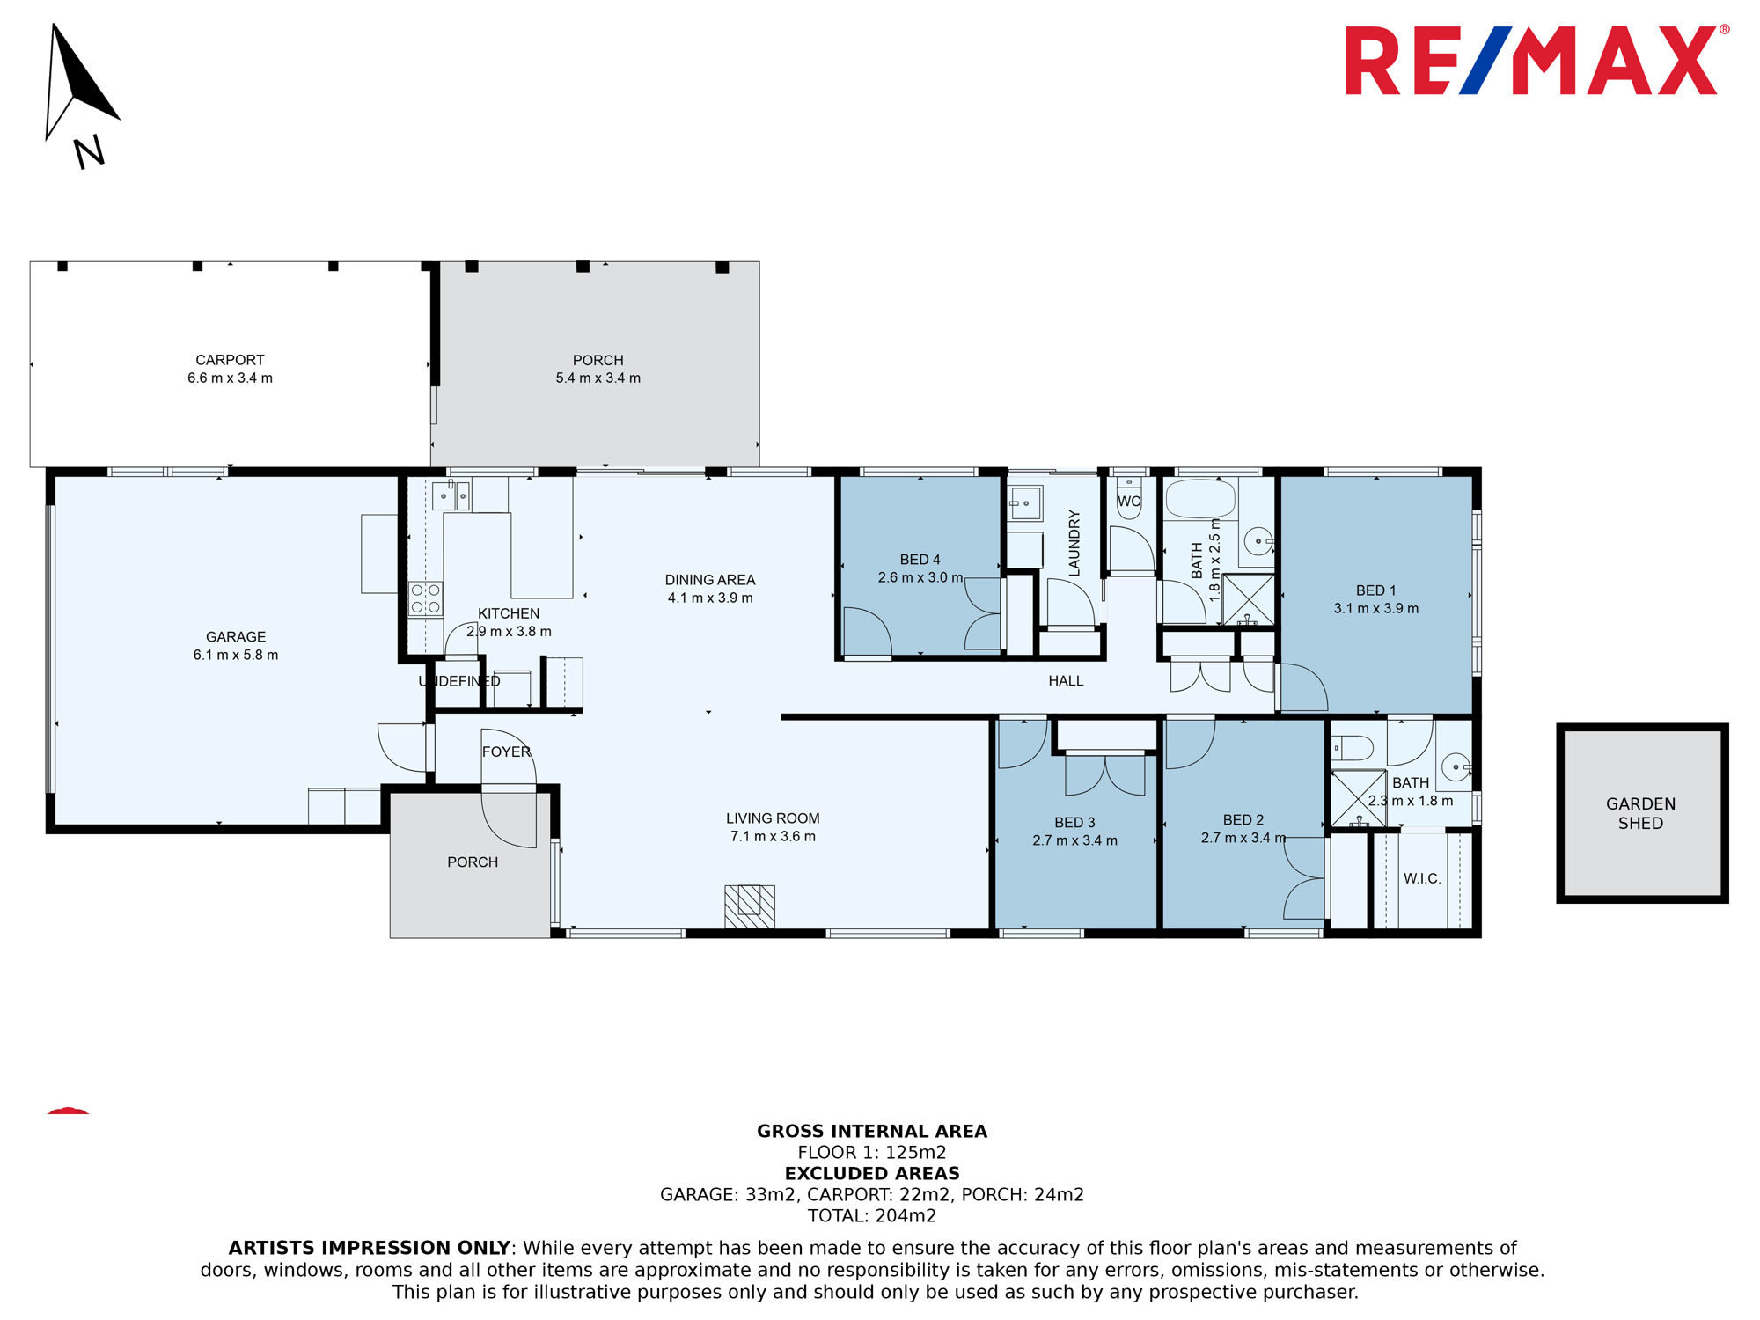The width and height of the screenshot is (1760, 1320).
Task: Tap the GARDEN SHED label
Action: [x=1640, y=813]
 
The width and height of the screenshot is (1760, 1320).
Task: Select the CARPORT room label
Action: [x=230, y=360]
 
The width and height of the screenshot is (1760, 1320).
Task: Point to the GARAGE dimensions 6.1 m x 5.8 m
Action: [x=236, y=655]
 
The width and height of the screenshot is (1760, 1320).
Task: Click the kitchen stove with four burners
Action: [x=426, y=599]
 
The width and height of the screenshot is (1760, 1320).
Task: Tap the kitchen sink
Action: [x=450, y=496]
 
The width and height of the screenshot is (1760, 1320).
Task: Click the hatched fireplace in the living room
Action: [x=750, y=906]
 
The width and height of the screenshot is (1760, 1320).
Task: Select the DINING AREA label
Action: [x=710, y=580]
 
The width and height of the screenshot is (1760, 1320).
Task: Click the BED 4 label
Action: [x=920, y=560]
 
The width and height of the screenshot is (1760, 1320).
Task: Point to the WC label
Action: [x=1129, y=502]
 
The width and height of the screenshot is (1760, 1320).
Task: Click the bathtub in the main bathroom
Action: [x=1200, y=499]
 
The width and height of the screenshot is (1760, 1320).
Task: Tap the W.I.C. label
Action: [x=1422, y=878]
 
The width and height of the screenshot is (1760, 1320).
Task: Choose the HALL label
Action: [x=1066, y=681]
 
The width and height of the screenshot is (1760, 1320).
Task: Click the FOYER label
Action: [x=506, y=752]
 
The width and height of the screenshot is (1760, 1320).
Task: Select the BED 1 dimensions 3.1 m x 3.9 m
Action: [x=1376, y=608]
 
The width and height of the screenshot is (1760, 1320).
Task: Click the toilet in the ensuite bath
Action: [x=1352, y=749]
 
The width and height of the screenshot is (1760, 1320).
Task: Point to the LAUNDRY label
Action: [x=1074, y=543]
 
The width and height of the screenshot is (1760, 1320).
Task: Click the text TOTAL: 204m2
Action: [x=872, y=1216]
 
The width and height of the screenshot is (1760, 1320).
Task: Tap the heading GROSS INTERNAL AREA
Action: [x=872, y=1132]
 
